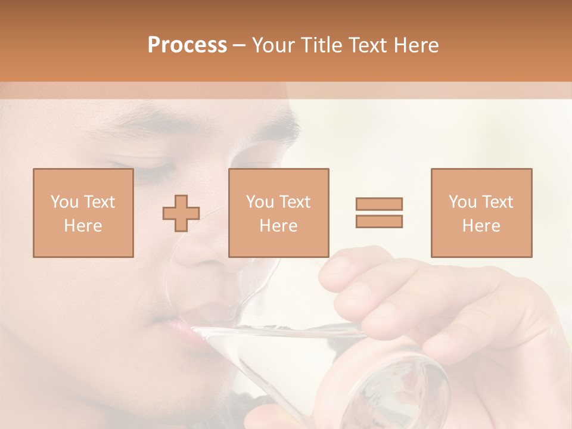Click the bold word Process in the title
click(187, 45)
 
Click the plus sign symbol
click(181, 213)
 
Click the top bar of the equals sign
click(379, 204)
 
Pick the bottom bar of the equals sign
click(379, 221)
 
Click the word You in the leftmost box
click(64, 202)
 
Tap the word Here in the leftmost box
click(83, 226)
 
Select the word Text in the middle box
click(295, 202)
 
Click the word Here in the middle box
click(278, 226)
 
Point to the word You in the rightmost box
click(462, 202)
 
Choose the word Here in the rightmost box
click(481, 226)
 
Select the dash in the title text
click(240, 45)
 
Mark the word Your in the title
click(272, 45)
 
